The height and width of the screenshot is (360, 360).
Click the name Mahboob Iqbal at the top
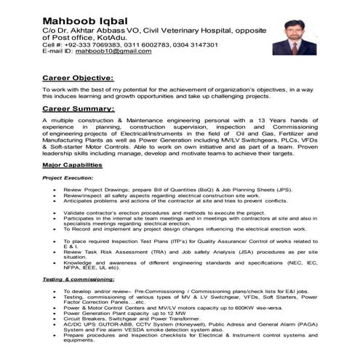pyautogui.click(x=84, y=20)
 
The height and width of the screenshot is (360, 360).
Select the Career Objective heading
pyautogui.click(x=78, y=77)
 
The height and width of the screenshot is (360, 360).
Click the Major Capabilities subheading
pyautogui.click(x=72, y=165)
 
